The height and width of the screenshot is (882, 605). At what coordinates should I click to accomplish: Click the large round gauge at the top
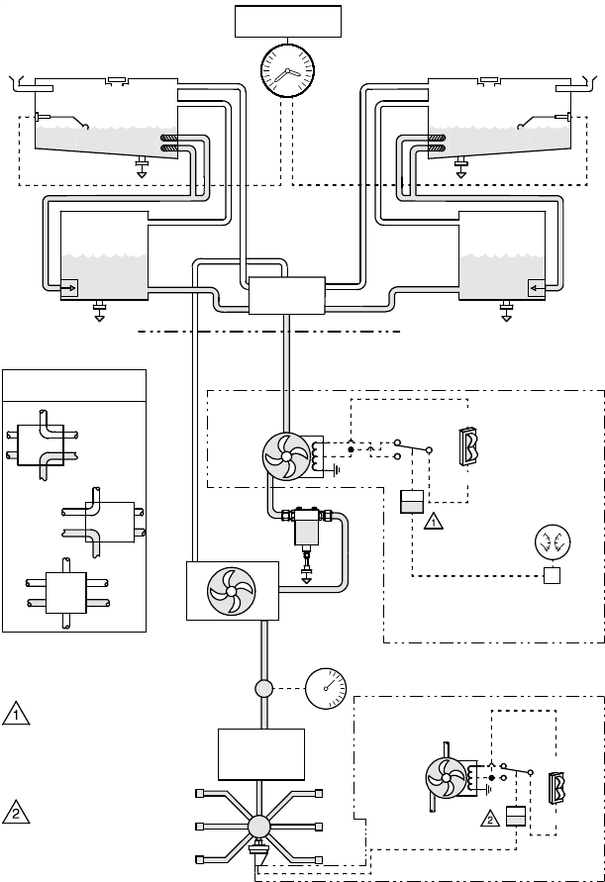click(x=287, y=71)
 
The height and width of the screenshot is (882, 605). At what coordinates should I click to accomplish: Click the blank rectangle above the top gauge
click(x=287, y=22)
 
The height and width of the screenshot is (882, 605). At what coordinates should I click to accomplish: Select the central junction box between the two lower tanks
click(x=286, y=295)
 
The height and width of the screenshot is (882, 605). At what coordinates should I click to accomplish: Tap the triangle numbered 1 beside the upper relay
click(x=433, y=522)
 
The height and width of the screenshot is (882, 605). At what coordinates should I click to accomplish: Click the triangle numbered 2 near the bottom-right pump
click(x=490, y=819)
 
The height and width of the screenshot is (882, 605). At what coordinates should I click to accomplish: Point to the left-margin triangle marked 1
click(x=16, y=714)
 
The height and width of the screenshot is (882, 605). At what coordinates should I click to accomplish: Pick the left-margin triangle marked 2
click(x=16, y=813)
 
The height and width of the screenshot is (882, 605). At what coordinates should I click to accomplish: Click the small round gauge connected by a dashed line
click(x=326, y=689)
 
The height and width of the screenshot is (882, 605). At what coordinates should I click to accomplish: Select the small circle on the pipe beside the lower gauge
click(x=264, y=689)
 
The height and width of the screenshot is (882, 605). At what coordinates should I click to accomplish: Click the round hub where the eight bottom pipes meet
click(x=258, y=827)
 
